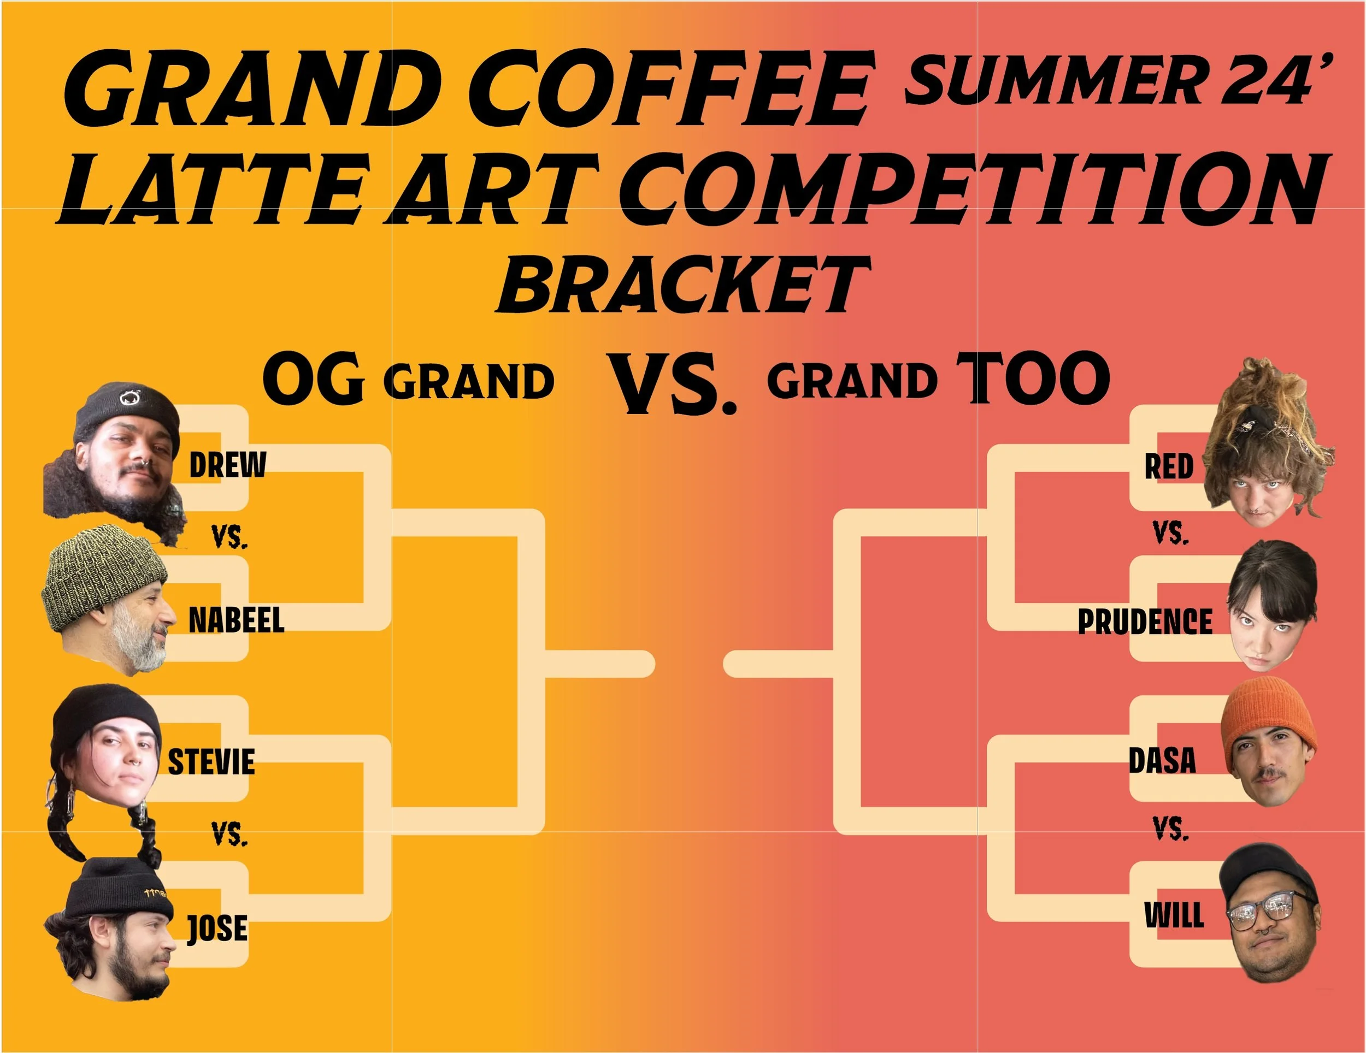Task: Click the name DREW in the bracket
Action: point(228,465)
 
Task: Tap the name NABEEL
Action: point(237,620)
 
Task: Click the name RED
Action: point(1169,466)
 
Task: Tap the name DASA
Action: point(1162,760)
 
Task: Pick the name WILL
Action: point(1174,916)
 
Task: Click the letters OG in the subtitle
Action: point(313,378)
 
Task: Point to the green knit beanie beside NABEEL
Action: point(104,577)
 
